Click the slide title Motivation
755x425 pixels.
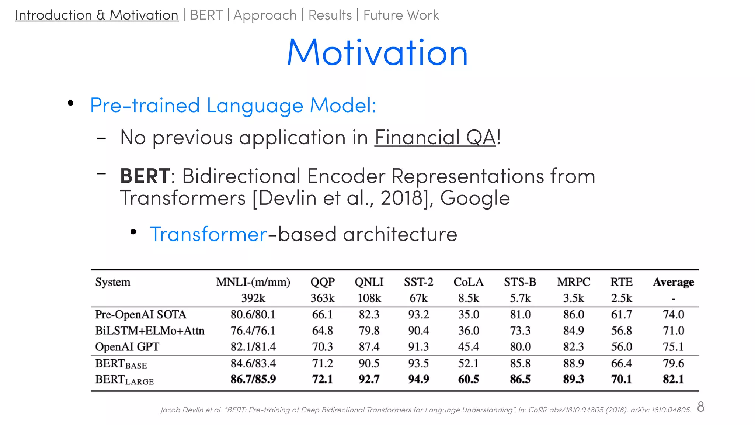tap(377, 52)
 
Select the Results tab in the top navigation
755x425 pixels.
tap(330, 15)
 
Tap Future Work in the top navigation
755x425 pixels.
tap(401, 15)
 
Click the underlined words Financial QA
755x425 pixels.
tap(435, 138)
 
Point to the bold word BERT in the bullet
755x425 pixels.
tap(145, 176)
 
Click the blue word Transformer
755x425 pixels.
tap(208, 234)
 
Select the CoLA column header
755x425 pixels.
tap(468, 282)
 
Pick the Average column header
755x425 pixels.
tap(673, 282)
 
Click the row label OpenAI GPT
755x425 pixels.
tap(127, 347)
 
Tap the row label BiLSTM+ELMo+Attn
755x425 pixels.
tap(150, 331)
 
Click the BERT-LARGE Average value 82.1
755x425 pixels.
tap(673, 379)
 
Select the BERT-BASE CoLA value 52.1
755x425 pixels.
tap(468, 363)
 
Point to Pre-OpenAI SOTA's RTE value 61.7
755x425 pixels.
tap(621, 314)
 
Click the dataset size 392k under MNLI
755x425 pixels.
tap(253, 298)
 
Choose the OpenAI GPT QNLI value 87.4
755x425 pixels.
tap(369, 347)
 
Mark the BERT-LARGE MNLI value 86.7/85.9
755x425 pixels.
tap(253, 379)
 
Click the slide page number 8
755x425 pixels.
tap(701, 407)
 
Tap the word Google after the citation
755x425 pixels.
tap(475, 198)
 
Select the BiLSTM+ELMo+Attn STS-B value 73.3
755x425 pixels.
tap(520, 331)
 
